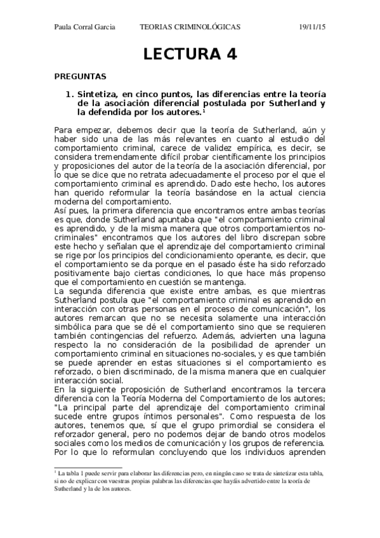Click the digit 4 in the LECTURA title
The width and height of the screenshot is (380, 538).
pos(230,54)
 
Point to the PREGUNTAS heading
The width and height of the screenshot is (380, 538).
pos(80,76)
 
